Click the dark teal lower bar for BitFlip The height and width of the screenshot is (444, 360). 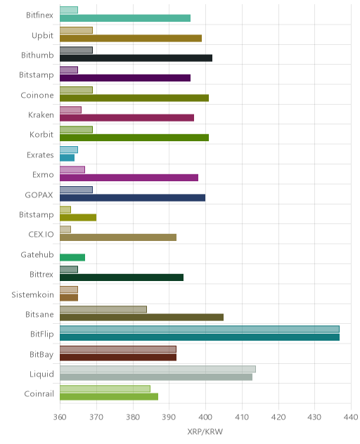[x=200, y=337]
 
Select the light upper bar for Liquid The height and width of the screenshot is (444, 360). [x=157, y=369]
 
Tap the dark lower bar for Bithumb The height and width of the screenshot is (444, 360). [x=136, y=58]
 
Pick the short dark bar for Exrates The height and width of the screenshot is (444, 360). [x=67, y=158]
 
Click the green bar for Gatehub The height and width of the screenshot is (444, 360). [x=72, y=257]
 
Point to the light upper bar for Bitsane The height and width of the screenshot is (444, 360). [x=103, y=309]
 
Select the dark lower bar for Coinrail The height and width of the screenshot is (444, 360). [x=109, y=397]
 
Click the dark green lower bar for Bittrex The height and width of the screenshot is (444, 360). [x=122, y=277]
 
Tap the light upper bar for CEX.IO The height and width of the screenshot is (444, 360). [x=65, y=229]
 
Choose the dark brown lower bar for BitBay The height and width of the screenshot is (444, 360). [x=118, y=357]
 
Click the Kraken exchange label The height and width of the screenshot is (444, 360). [x=41, y=115]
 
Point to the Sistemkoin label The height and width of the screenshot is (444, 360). [x=32, y=294]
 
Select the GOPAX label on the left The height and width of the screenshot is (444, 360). [x=39, y=195]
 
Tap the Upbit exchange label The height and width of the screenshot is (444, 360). [x=42, y=35]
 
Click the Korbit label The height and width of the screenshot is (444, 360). [x=41, y=134]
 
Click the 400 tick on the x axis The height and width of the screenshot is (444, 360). [x=205, y=417]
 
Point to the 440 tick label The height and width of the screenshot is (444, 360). [x=351, y=417]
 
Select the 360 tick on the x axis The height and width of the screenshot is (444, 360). [x=60, y=417]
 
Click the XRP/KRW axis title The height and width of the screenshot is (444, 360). [x=205, y=431]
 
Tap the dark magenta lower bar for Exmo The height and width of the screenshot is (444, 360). [x=129, y=178]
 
